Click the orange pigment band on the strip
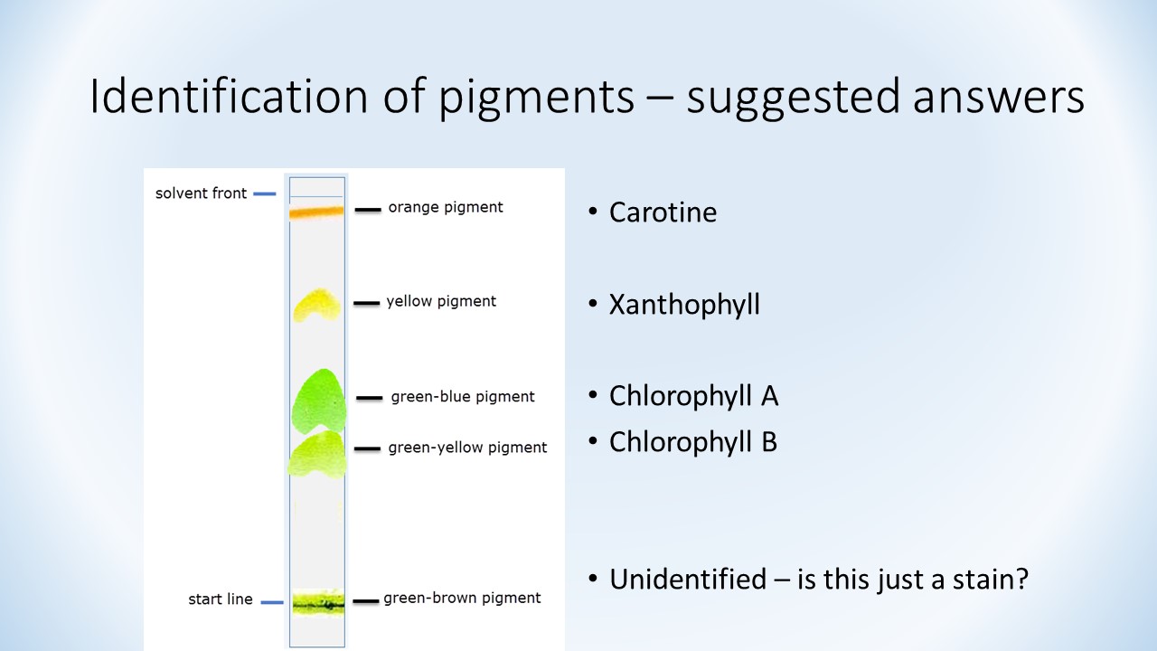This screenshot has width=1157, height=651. (x=316, y=212)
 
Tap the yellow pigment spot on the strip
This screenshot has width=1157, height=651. (x=317, y=305)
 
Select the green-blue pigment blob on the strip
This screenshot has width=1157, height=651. (x=319, y=401)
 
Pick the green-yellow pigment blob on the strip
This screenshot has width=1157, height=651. (x=317, y=455)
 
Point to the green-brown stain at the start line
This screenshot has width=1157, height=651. (x=317, y=602)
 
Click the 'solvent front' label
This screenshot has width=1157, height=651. (x=201, y=193)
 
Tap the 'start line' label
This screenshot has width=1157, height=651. (x=220, y=599)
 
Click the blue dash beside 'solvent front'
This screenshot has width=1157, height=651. (x=265, y=194)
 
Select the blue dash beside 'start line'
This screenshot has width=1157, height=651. (x=272, y=602)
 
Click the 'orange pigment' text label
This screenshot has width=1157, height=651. (x=446, y=207)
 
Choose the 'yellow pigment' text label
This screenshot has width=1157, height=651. (x=441, y=301)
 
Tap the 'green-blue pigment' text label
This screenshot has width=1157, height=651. (x=463, y=397)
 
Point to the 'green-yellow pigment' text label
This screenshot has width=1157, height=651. (x=467, y=448)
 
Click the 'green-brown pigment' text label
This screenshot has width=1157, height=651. (x=462, y=598)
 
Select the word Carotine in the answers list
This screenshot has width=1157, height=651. (x=663, y=212)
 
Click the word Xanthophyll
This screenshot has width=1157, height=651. (x=684, y=305)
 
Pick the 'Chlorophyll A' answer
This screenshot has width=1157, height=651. (x=693, y=396)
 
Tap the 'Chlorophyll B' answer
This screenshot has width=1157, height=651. (x=693, y=442)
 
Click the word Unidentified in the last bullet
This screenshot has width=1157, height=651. (x=688, y=580)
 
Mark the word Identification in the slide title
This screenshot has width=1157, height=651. (x=229, y=96)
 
